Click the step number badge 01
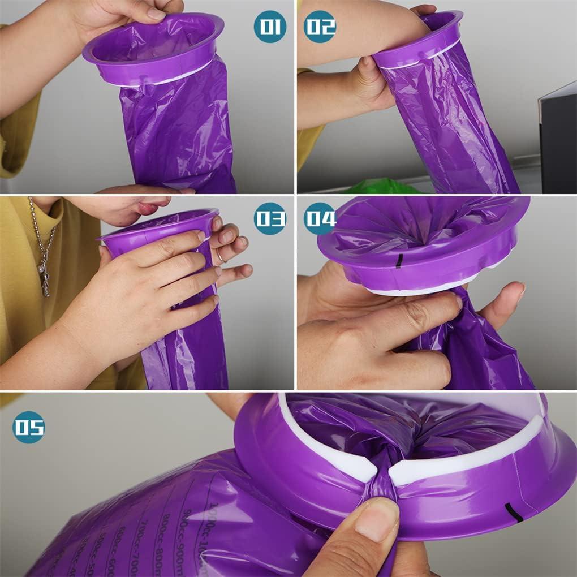coord(269,27)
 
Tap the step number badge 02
coord(320,27)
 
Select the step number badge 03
coord(269,218)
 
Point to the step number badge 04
coord(320,218)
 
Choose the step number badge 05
coord(28,427)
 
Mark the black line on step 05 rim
coord(514,511)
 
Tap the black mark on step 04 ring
coord(399,261)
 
